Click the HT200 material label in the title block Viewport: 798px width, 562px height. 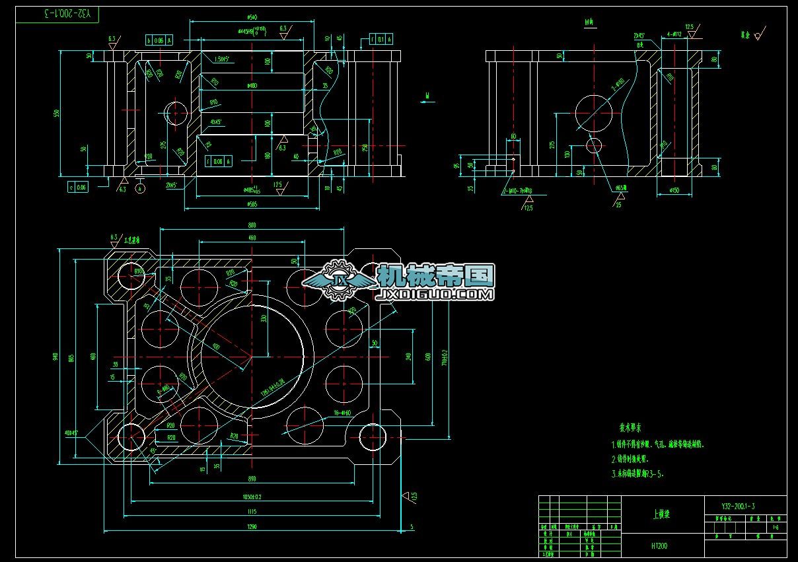pos(659,546)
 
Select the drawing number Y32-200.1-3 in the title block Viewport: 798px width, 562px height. pos(738,506)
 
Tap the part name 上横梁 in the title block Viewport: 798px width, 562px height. pos(661,514)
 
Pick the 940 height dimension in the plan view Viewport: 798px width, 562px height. pos(54,356)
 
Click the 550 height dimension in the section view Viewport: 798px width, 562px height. pos(57,114)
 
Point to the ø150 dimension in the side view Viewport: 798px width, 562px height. pos(674,191)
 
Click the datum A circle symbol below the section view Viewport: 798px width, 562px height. pos(140,188)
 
